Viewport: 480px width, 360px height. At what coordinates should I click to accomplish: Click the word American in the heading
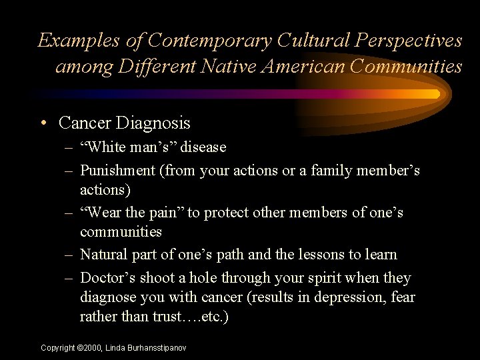(x=303, y=67)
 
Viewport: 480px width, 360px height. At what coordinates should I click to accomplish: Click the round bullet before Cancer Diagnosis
(x=43, y=123)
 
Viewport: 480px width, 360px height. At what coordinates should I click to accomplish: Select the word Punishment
(x=117, y=170)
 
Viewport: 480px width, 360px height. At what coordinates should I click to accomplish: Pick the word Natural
(x=104, y=255)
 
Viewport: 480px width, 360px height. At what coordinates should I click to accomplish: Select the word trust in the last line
(x=167, y=317)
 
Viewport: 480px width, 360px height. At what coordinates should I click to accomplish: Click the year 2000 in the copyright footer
(x=89, y=348)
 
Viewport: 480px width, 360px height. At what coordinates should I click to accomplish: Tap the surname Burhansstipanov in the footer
(x=155, y=348)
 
